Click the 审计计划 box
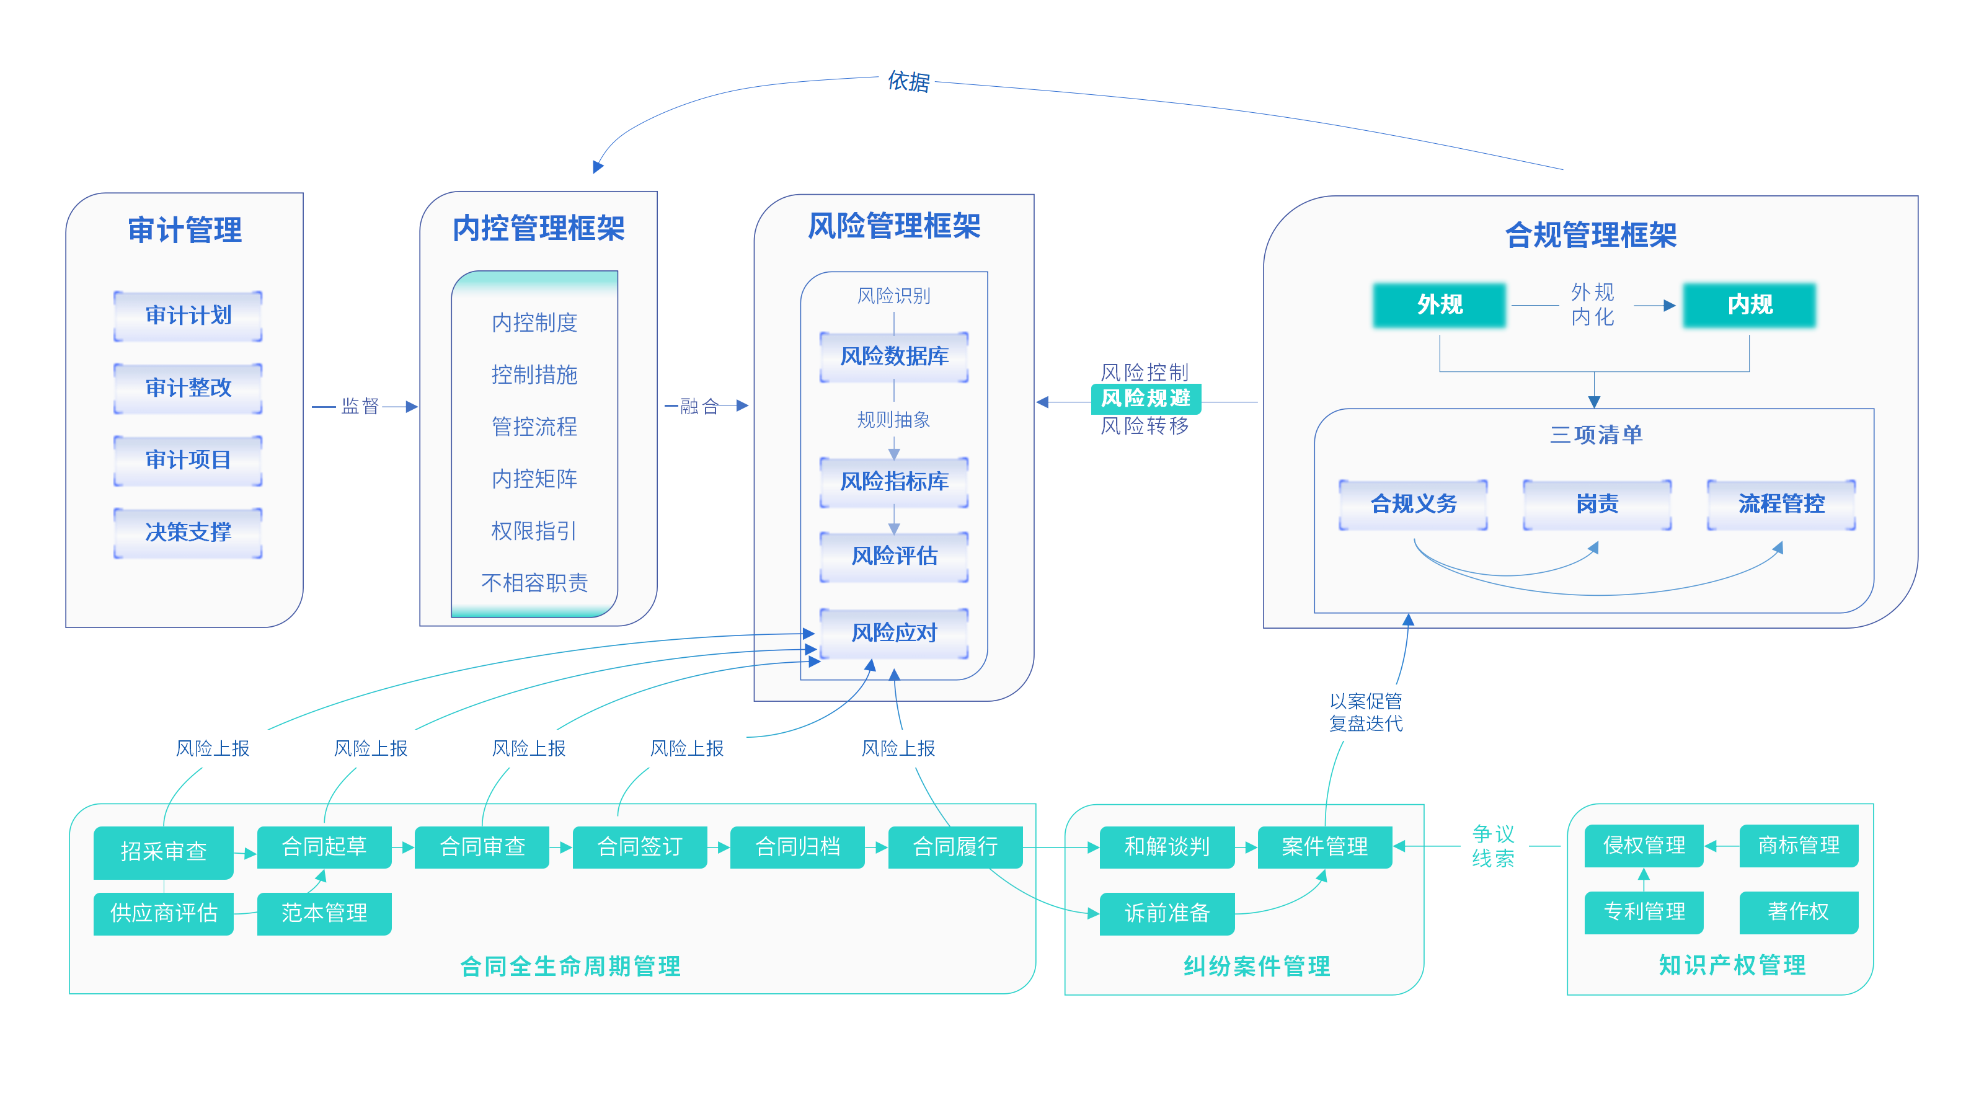coord(188,316)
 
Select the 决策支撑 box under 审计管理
coord(188,532)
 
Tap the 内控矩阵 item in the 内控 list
coord(534,479)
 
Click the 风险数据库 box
coord(893,356)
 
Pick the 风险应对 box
coord(893,633)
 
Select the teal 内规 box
coord(1749,305)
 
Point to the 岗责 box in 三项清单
coord(1596,505)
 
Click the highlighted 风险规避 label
coord(1145,398)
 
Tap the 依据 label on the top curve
coord(908,81)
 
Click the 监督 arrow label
coord(360,406)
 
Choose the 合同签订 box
coord(639,847)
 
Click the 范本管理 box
coord(324,913)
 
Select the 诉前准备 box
coord(1167,913)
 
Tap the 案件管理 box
coord(1324,847)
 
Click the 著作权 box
coord(1799,912)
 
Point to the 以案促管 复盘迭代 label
coord(1365,712)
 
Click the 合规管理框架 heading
coord(1590,235)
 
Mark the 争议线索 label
coord(1492,846)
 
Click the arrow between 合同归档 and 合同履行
coord(877,847)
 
